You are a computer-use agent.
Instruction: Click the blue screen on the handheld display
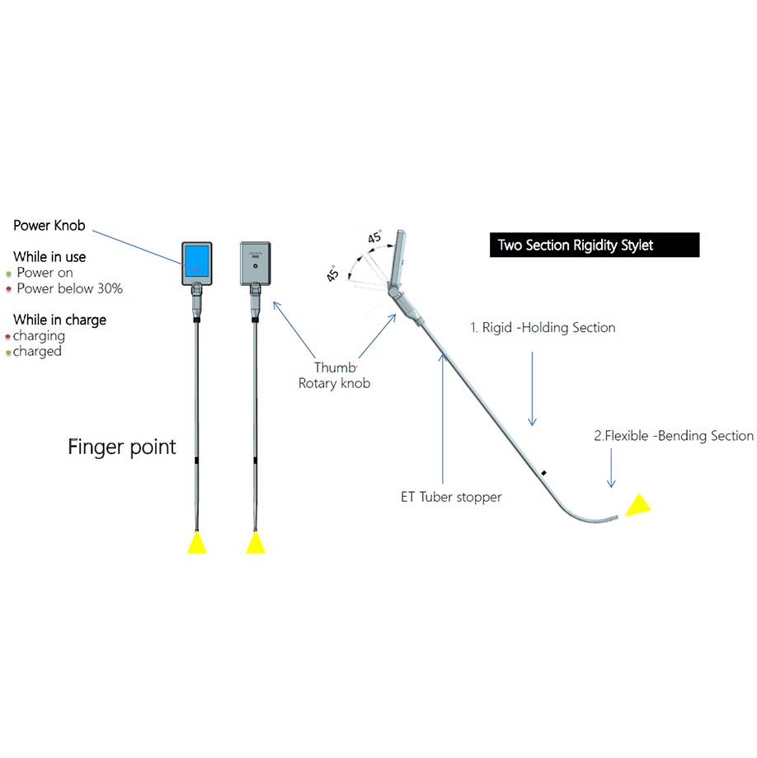coord(197,260)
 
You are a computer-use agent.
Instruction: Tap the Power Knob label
coord(49,226)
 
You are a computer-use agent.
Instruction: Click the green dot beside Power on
coord(8,274)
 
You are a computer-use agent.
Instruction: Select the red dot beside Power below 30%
coord(8,289)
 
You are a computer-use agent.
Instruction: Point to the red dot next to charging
coord(7,337)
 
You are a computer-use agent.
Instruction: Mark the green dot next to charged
coord(8,353)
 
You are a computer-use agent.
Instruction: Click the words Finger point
coord(122,447)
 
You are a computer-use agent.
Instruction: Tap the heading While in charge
coord(59,320)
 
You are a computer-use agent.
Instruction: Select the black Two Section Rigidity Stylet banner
coord(594,246)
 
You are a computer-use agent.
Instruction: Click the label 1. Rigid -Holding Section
coord(543,328)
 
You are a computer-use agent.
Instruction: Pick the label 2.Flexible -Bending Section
coord(674,436)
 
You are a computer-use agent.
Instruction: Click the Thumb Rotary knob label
coord(334,376)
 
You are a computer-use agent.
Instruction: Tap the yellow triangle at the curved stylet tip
coord(637,505)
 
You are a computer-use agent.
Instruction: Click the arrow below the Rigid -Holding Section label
coord(532,388)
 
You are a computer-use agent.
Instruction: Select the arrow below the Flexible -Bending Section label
coord(611,470)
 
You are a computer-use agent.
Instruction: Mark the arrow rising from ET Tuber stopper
coord(443,412)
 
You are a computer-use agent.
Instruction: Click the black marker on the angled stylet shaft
coord(544,473)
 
